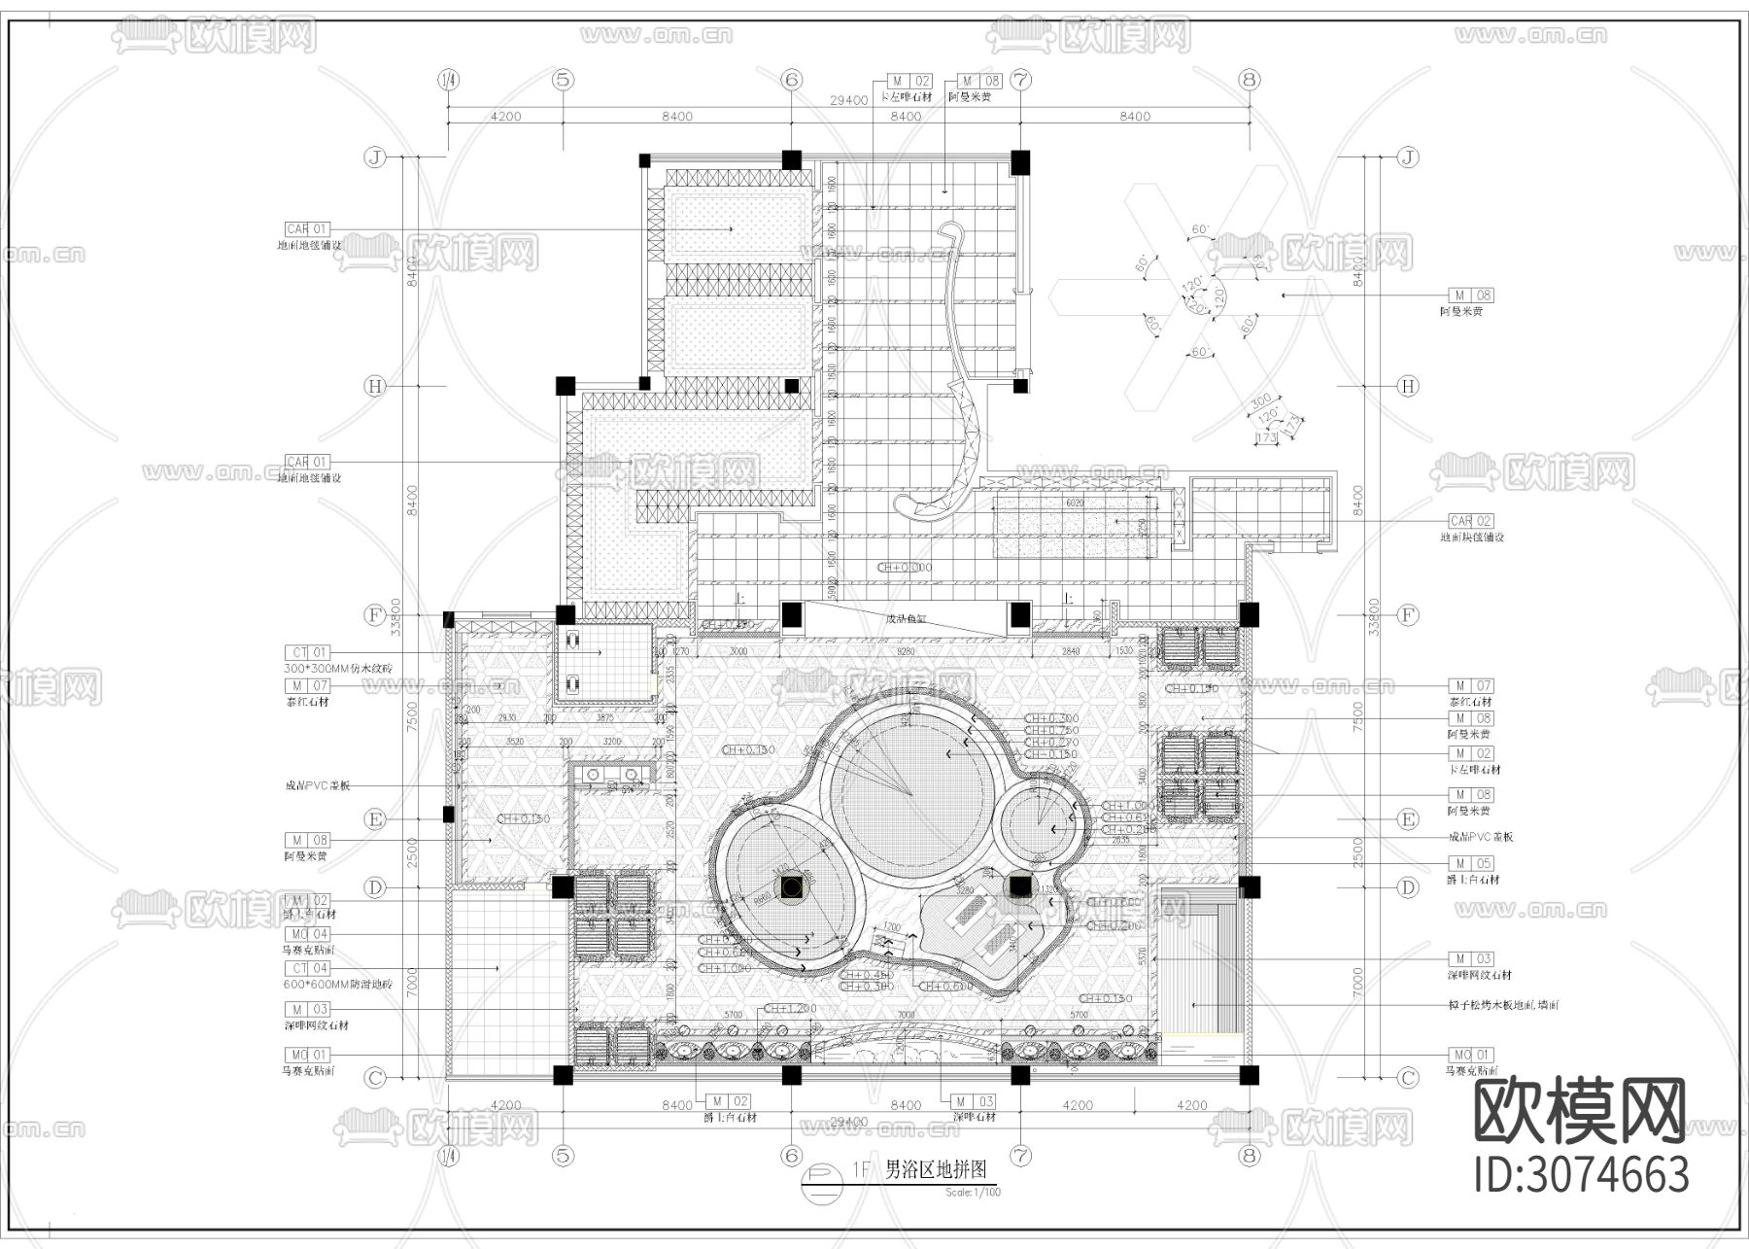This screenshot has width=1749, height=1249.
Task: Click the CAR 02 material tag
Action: pos(1470,521)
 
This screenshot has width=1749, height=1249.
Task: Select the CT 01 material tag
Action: pos(307,652)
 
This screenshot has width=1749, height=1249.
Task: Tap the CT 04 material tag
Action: pos(307,968)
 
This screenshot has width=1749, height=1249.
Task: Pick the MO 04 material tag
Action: pos(307,934)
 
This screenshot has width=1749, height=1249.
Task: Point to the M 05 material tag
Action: pos(1470,863)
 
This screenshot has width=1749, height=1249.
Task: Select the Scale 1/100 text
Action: pos(972,1192)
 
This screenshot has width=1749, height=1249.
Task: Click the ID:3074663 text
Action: pos(1582,1174)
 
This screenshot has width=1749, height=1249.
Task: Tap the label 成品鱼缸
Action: pos(907,619)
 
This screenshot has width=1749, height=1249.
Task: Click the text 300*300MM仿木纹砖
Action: pos(337,669)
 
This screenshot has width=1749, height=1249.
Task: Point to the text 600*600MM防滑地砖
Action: pos(337,985)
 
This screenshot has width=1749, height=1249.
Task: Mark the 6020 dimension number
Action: pos(1075,503)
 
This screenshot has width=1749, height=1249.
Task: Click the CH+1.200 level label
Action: pos(789,1009)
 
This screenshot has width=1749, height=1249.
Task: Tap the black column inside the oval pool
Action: pos(792,886)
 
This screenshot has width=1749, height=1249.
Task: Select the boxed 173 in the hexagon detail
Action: pos(1265,438)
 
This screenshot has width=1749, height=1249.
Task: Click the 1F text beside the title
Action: pos(861,1169)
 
